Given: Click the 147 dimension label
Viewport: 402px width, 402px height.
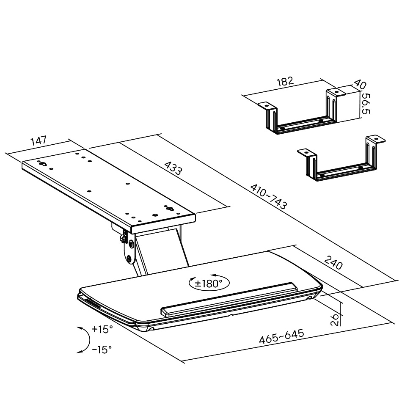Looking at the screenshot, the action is (x=39, y=141).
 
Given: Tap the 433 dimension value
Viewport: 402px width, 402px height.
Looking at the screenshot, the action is (x=173, y=168).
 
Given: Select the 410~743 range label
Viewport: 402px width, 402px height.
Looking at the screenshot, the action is (x=269, y=196).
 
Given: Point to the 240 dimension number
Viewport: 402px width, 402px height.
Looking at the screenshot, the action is (x=333, y=262).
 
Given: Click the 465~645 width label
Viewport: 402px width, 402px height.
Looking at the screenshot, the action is (x=281, y=336).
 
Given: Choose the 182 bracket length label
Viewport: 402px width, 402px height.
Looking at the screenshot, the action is (x=285, y=82).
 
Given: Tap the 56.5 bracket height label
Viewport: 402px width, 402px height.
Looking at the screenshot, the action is (x=366, y=104).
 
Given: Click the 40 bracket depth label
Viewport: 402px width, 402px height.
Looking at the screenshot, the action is (x=360, y=84).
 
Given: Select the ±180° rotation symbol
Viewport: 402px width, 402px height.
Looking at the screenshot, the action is (x=209, y=283).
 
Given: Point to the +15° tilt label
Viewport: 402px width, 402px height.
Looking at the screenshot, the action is (x=102, y=329).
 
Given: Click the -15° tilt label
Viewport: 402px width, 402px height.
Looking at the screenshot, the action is (x=102, y=349).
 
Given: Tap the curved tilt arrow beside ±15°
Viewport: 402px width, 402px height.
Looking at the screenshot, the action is (x=84, y=340).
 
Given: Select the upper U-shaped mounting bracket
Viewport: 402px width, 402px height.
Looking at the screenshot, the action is (x=301, y=112).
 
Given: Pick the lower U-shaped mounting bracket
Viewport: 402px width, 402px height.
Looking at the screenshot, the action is (x=341, y=159).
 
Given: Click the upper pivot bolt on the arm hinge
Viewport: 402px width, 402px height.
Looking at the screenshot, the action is (x=131, y=244).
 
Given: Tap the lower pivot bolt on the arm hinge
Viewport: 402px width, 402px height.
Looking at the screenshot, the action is (x=129, y=259).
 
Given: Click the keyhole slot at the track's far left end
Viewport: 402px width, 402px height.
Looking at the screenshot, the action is (x=43, y=164).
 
